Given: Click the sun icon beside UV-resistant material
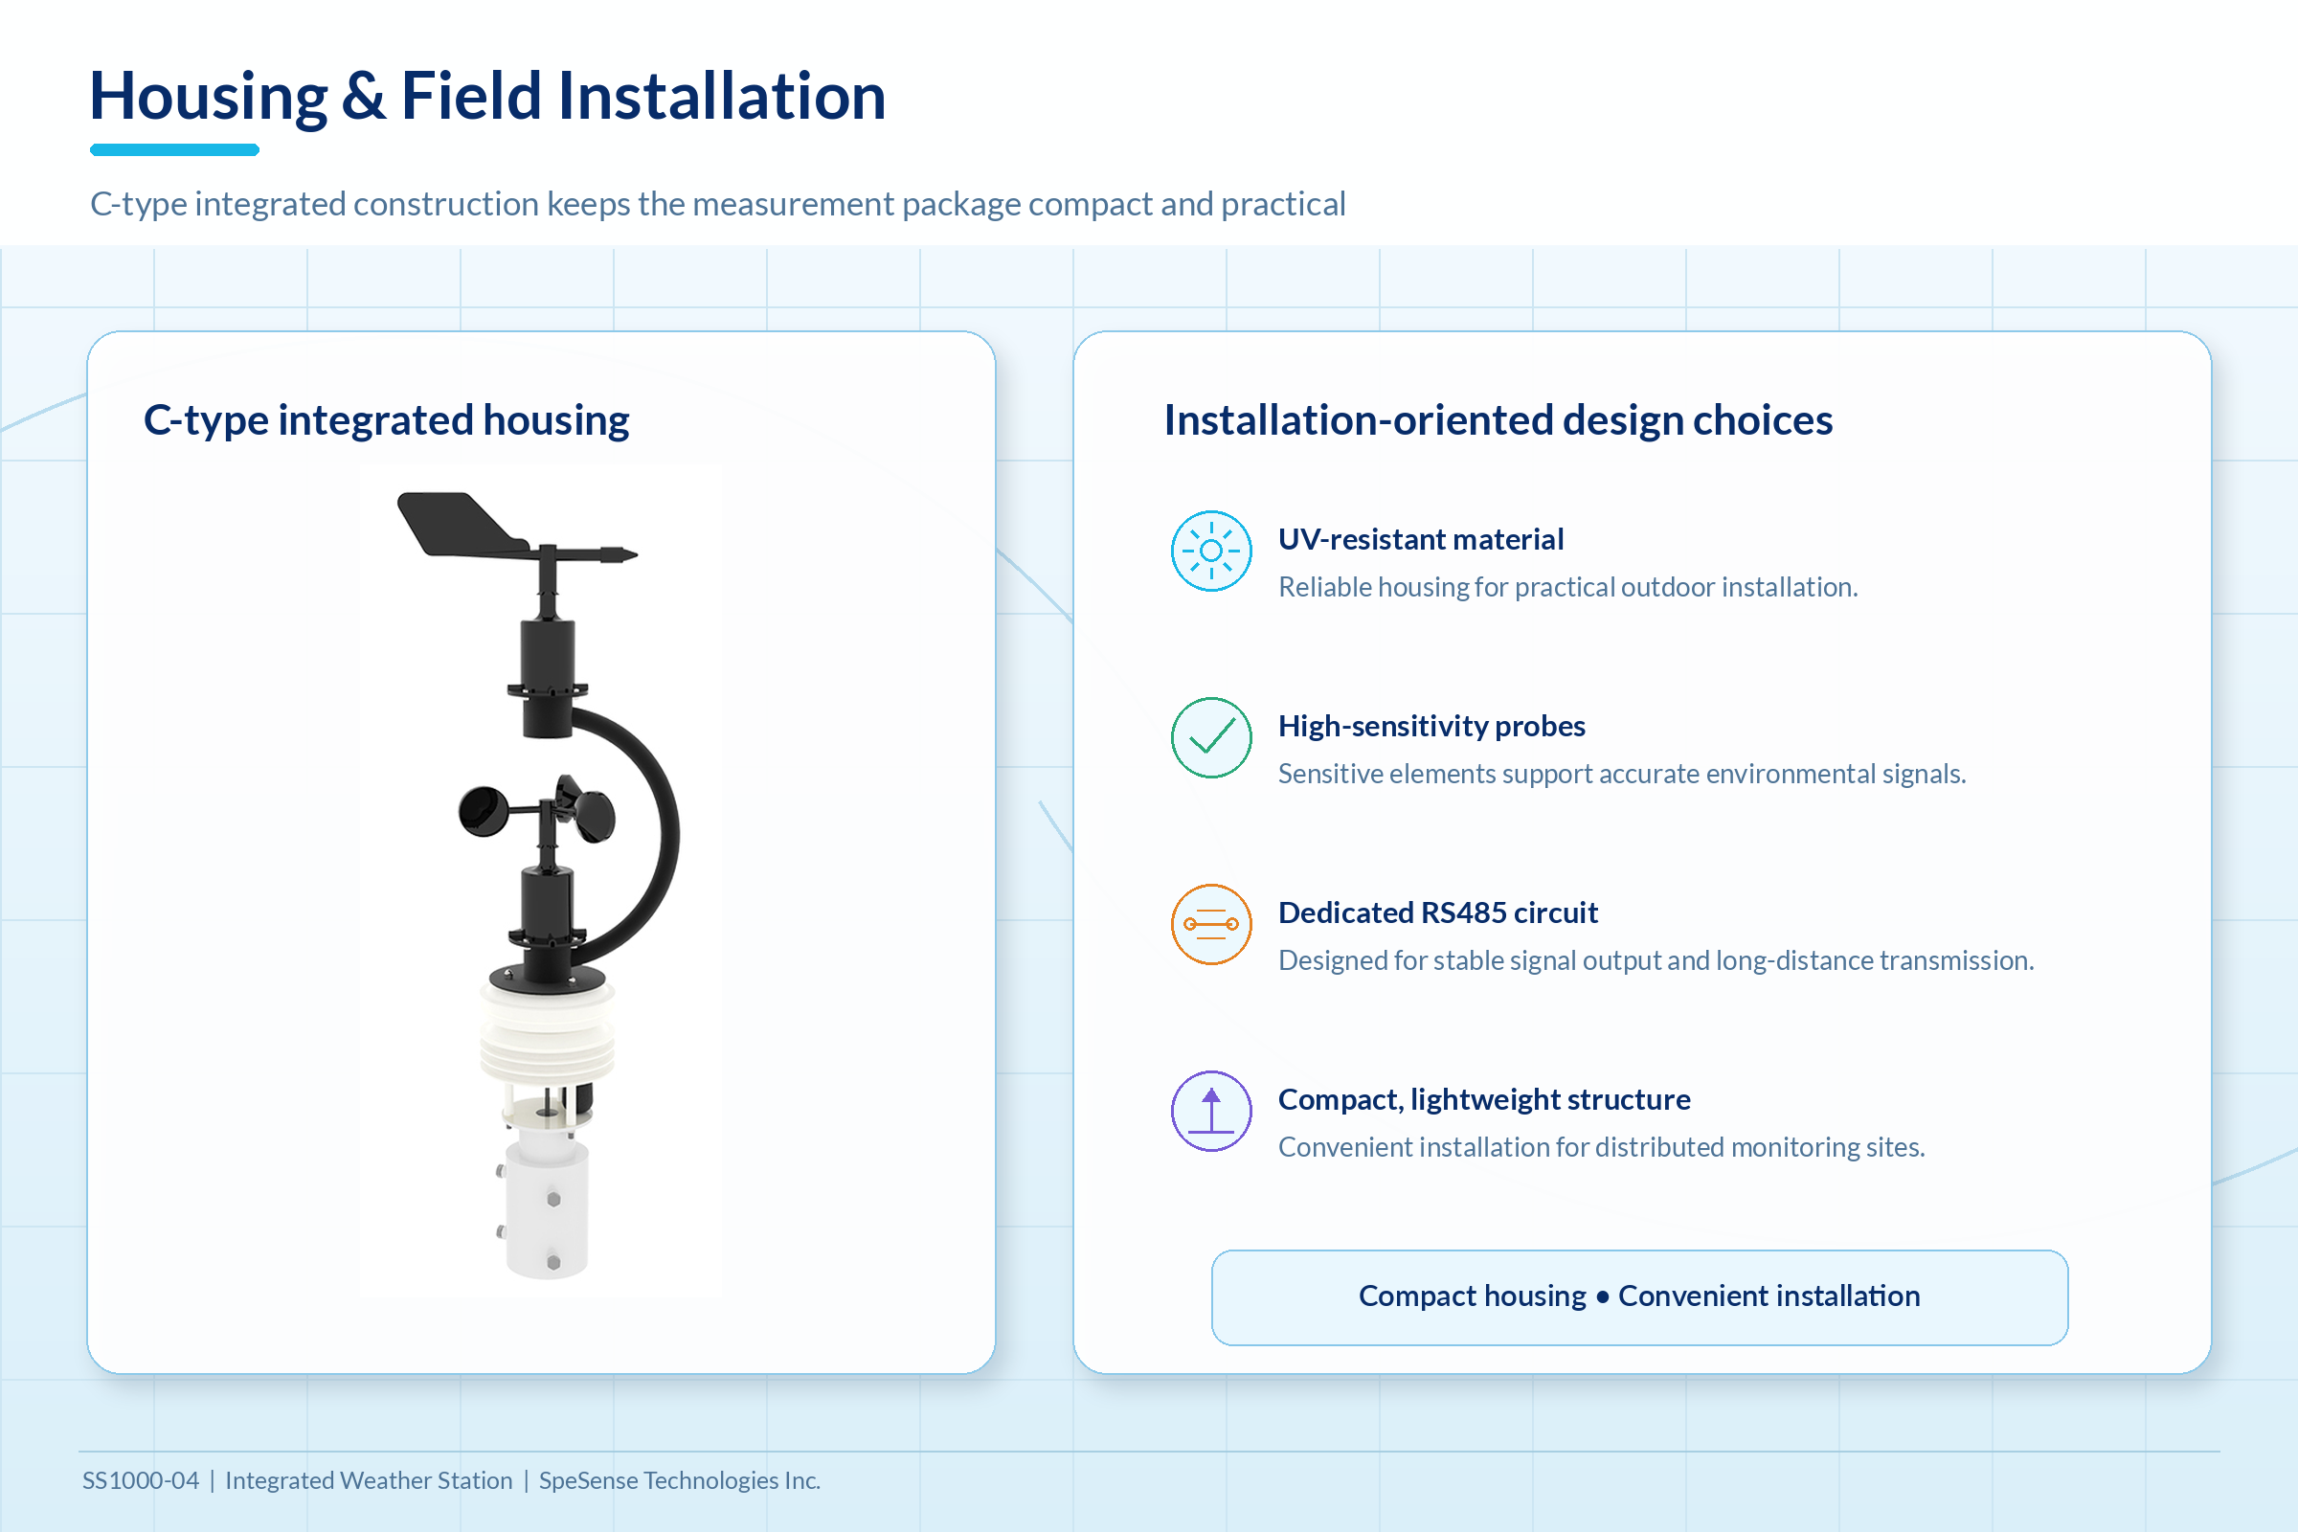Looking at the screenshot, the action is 1211,552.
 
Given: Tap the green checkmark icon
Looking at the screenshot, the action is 1211,737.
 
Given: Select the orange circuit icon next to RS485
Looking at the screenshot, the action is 1211,924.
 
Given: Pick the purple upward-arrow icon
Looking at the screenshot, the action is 1211,1111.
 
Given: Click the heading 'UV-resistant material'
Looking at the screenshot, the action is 1421,539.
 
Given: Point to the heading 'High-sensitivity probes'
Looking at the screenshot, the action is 1431,726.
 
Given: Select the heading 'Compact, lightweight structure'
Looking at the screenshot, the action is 1484,1099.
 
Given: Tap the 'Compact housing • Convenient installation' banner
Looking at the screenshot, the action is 1639,1296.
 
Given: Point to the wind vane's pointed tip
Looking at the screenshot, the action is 635,555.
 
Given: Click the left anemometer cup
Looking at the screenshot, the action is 483,811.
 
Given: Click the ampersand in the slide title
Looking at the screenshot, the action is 364,97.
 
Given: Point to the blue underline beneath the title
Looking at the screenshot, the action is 175,149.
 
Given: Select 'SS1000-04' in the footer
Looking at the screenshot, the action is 141,1480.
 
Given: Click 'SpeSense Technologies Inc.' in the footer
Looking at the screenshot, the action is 679,1481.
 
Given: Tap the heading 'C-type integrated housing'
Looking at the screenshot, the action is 386,420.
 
